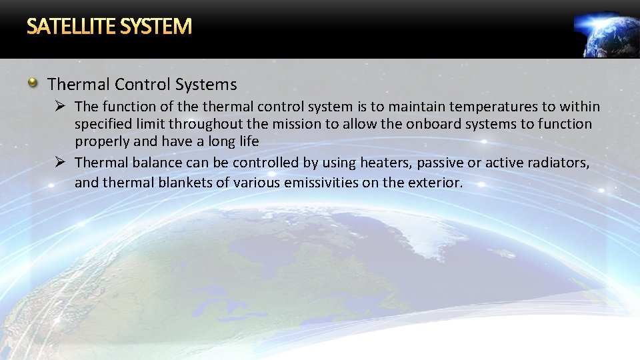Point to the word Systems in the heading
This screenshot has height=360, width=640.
coord(206,85)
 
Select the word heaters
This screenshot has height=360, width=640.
coord(385,163)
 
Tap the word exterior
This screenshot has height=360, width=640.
coord(434,183)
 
